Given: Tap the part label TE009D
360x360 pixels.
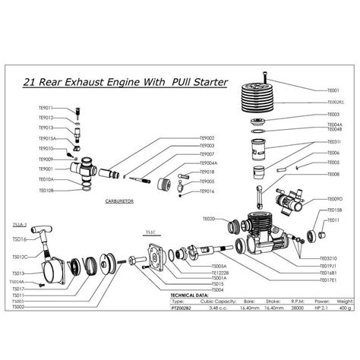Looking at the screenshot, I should tap(335, 199).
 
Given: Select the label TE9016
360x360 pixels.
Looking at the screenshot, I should tap(207, 191).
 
